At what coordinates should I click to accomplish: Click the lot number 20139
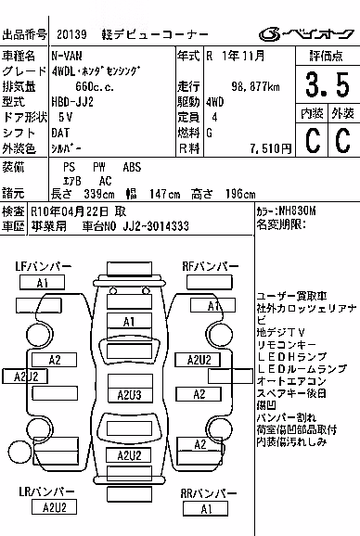tap(71, 34)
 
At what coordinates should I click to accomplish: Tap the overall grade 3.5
tap(328, 84)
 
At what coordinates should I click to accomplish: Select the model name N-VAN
tap(67, 56)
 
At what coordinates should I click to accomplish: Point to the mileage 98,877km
tap(255, 86)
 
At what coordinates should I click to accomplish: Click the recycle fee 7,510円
tap(270, 148)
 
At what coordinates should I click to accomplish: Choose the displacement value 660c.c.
tap(95, 87)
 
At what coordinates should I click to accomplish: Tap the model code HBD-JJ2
tap(72, 102)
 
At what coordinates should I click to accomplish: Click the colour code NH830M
tap(298, 211)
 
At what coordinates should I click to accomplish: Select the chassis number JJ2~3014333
tap(156, 226)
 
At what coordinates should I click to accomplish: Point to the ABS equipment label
tap(132, 167)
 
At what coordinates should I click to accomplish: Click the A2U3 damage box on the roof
tap(130, 395)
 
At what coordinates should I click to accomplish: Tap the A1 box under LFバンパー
tap(42, 283)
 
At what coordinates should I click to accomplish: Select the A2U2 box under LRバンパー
tap(54, 507)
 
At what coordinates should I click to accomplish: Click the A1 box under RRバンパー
tap(205, 509)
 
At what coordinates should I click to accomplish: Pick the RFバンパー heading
tap(211, 266)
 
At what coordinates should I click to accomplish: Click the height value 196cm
tap(240, 194)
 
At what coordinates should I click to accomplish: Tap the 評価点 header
tap(327, 56)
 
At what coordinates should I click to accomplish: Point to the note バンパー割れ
tap(287, 417)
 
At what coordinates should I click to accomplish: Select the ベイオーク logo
tap(306, 34)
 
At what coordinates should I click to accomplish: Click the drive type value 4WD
tap(214, 102)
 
